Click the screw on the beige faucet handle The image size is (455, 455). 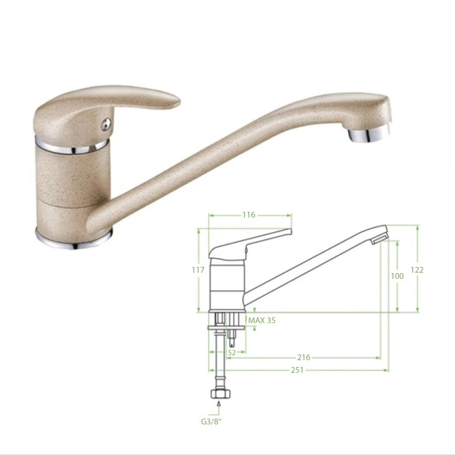tap(106, 125)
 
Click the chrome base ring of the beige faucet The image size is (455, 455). tap(73, 239)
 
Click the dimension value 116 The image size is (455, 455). tap(249, 215)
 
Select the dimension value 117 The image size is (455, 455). tap(198, 270)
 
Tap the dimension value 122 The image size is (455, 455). tap(417, 270)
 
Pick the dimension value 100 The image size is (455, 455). tap(397, 276)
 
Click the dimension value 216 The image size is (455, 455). tap(304, 357)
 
